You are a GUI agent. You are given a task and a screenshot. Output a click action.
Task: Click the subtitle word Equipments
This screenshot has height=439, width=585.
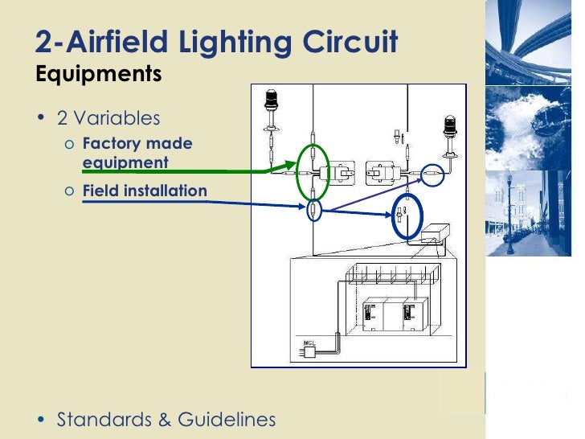(x=99, y=75)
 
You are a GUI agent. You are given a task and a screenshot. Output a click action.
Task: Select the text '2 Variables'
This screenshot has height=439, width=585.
(x=108, y=118)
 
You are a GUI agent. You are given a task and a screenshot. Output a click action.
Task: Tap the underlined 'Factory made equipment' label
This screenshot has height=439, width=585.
(x=137, y=153)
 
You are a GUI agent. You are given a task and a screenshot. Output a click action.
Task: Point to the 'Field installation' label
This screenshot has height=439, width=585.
(x=145, y=191)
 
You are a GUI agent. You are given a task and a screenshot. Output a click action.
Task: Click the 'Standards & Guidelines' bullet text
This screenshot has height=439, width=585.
(x=166, y=419)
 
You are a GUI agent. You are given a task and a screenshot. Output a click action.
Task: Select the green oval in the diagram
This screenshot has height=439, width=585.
(x=312, y=171)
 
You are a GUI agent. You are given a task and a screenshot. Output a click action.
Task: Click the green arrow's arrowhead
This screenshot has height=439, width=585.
(x=292, y=170)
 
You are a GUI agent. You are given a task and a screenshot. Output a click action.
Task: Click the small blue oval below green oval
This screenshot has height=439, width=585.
(x=313, y=211)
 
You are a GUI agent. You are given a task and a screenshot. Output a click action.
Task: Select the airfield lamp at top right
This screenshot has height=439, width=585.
(x=448, y=128)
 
